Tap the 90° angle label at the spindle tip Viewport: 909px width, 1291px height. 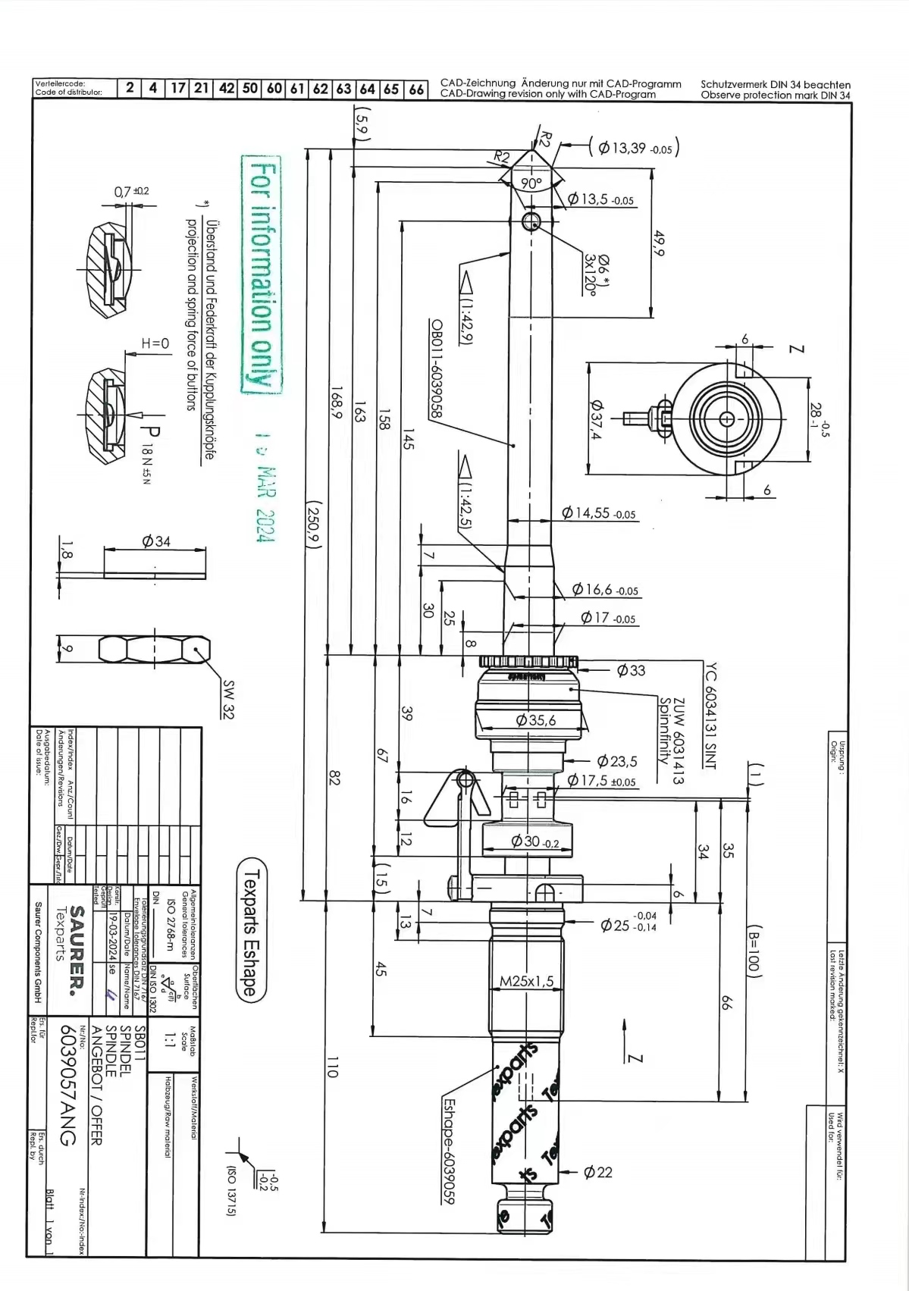531,183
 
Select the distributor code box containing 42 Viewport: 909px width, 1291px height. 227,88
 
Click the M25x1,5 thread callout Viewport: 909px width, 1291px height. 527,982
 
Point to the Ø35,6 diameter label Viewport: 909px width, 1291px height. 536,720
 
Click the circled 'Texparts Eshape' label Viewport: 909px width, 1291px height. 251,930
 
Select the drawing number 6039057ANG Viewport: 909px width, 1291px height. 67,1085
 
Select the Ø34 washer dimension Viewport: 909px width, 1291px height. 156,541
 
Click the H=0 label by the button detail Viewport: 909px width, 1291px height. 155,343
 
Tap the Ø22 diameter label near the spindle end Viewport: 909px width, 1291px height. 597,1172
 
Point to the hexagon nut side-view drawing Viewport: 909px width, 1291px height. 154,650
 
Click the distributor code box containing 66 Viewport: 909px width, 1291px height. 416,89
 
